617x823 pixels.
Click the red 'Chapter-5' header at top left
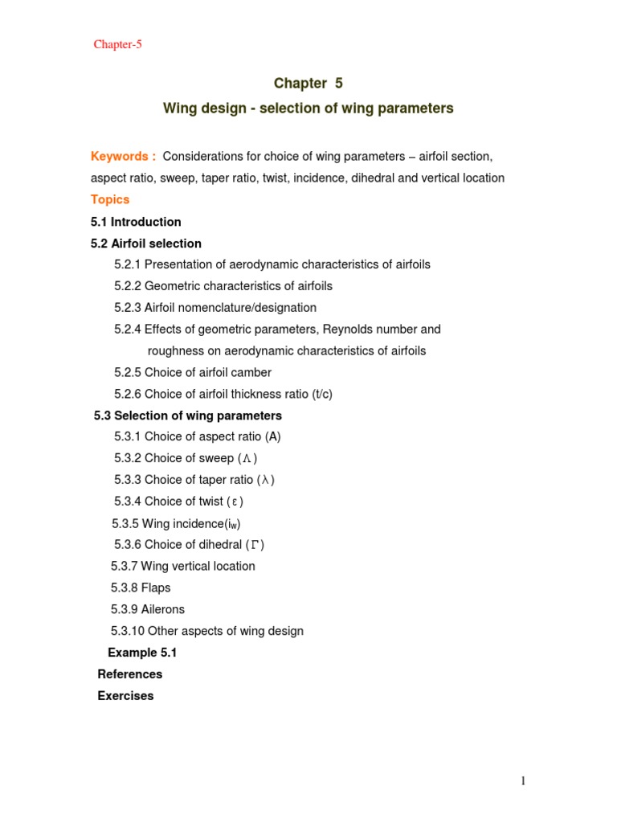coord(117,44)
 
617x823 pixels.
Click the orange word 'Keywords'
coord(119,156)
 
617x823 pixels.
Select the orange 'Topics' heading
coord(110,199)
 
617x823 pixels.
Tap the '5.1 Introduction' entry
coord(136,222)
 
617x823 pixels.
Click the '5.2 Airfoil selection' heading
coord(146,243)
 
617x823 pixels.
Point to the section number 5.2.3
coord(128,307)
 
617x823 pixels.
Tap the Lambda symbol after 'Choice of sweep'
coord(248,459)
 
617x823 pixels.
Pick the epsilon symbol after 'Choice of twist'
coord(235,502)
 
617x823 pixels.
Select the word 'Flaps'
coord(156,588)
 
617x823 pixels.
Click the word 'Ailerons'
coord(163,609)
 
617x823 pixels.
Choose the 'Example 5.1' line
coord(142,653)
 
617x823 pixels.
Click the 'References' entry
coord(130,674)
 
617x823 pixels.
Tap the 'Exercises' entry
coord(125,696)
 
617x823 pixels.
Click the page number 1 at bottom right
coord(522,780)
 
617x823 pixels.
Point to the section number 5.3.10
coord(128,631)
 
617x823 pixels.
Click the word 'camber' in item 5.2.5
coord(251,372)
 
